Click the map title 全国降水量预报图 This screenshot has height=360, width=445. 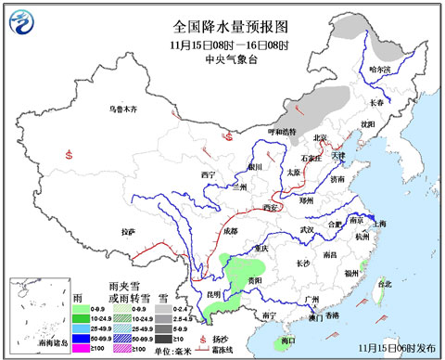click(222, 26)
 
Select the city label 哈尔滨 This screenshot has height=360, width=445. click(380, 70)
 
